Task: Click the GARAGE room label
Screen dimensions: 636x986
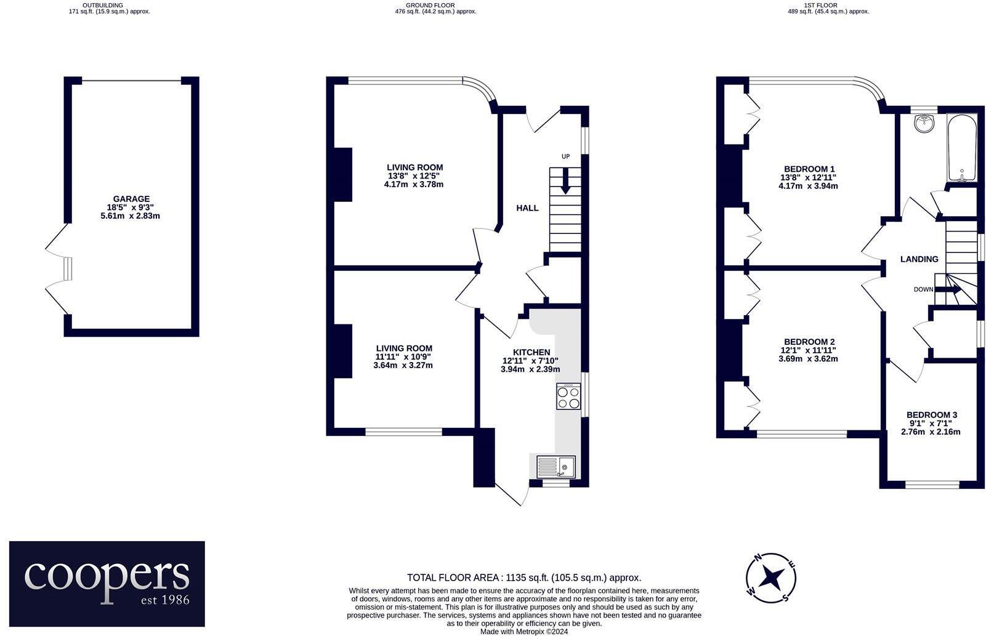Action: (x=130, y=199)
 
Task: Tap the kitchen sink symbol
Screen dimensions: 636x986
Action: (x=556, y=467)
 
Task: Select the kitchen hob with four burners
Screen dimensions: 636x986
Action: (x=568, y=396)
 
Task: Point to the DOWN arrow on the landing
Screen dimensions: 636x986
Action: (x=947, y=289)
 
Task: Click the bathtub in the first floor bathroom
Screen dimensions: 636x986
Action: (x=962, y=148)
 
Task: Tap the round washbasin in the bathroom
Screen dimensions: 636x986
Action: (x=924, y=124)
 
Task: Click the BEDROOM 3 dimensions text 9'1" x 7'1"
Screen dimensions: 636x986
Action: (x=930, y=424)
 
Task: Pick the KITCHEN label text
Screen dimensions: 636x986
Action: (x=531, y=352)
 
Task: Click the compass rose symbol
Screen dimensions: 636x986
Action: (x=770, y=578)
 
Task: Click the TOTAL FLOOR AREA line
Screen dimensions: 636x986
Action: (x=523, y=578)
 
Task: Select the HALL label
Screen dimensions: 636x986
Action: (x=527, y=208)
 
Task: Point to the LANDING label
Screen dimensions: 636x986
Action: (x=919, y=259)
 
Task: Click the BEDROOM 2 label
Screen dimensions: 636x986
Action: (x=809, y=342)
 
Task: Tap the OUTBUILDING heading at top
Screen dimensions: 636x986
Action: (x=103, y=5)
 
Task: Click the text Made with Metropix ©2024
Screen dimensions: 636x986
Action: (x=523, y=631)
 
